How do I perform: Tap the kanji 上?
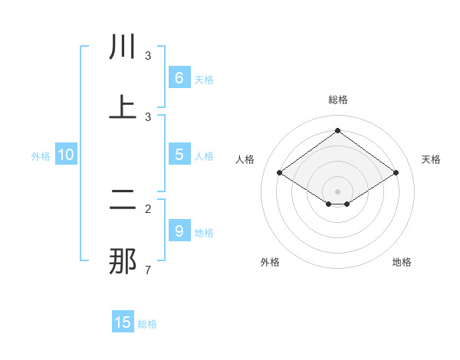pyautogui.click(x=123, y=108)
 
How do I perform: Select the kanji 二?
pyautogui.click(x=123, y=201)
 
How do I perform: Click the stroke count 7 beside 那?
pyautogui.click(x=148, y=270)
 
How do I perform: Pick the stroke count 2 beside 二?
pyautogui.click(x=148, y=208)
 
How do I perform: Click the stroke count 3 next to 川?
pyautogui.click(x=148, y=56)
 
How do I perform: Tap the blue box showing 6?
pyautogui.click(x=179, y=78)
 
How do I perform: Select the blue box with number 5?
pyautogui.click(x=179, y=155)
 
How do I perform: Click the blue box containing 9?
pyautogui.click(x=179, y=231)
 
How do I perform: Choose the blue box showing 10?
pyautogui.click(x=66, y=155)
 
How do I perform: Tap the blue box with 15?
pyautogui.click(x=123, y=322)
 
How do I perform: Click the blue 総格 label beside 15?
pyautogui.click(x=147, y=324)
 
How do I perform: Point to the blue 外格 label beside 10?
pyautogui.click(x=41, y=156)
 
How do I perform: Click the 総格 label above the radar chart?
pyautogui.click(x=338, y=100)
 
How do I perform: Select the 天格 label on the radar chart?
pyautogui.click(x=431, y=159)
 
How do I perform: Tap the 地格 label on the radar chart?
pyautogui.click(x=402, y=262)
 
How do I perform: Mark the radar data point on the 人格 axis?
pyautogui.click(x=280, y=173)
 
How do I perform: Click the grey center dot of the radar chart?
pyautogui.click(x=338, y=191)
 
